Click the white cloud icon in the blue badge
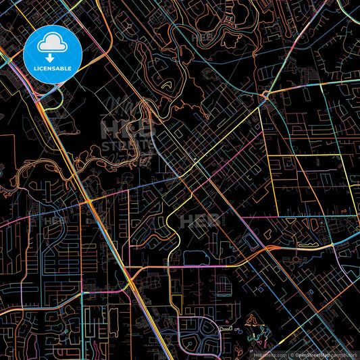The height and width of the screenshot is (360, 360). coord(51,45)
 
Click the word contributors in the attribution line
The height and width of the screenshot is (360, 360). coord(346,355)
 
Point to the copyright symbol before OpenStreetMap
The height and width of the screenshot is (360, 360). coord(291,355)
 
